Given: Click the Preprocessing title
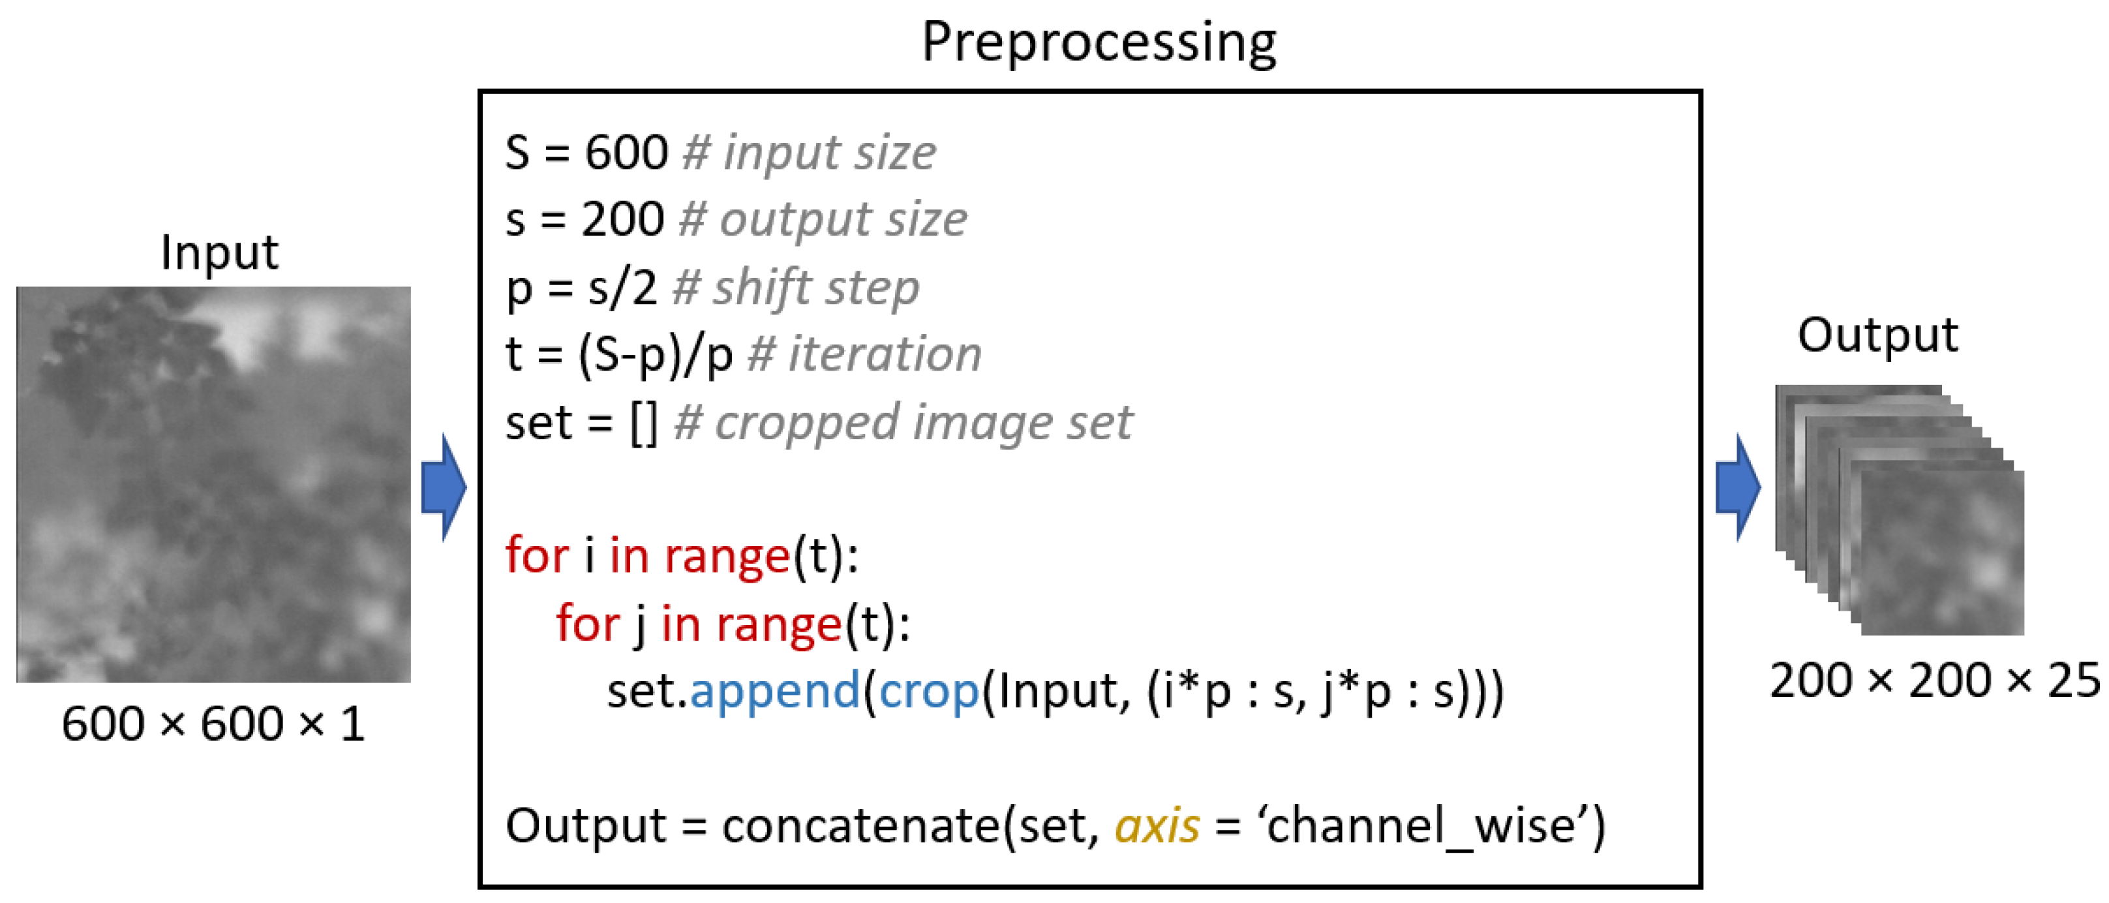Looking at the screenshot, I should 1099,42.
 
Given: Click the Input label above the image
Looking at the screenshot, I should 219,252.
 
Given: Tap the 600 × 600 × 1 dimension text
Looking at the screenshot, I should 213,724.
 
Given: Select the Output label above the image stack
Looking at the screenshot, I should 1877,335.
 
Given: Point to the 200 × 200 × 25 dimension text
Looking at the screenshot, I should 1934,681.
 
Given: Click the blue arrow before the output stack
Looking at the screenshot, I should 1737,488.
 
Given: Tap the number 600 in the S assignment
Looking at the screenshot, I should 626,152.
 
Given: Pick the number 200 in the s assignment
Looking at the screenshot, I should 622,219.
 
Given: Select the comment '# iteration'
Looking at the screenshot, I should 864,354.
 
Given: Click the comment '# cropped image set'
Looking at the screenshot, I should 902,422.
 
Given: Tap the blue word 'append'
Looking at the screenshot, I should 774,690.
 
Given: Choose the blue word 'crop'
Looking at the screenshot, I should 928,690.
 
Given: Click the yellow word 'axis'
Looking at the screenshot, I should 1157,825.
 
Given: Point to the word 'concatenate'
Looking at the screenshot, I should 860,825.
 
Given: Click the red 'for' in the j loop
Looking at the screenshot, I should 588,623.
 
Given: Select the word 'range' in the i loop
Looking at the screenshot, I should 727,556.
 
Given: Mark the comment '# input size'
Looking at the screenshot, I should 809,152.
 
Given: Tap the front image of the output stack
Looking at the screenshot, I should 1942,553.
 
